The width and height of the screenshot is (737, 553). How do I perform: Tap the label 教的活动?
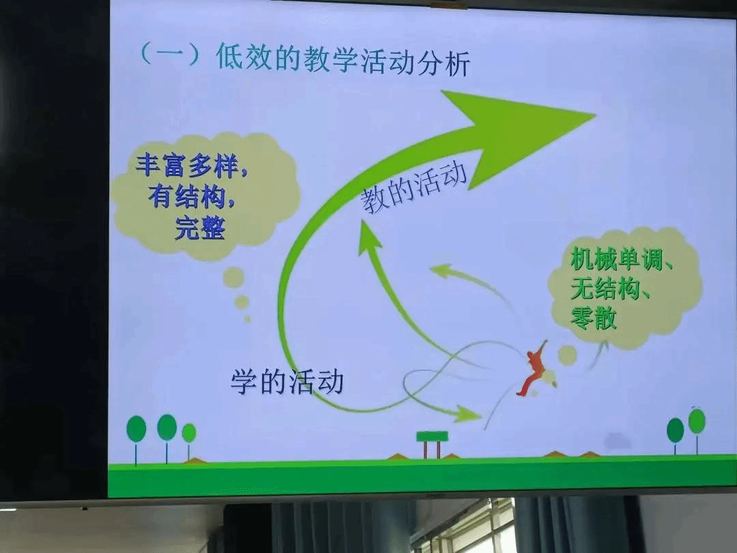coord(414,188)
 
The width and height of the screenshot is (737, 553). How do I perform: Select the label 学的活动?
coord(287,381)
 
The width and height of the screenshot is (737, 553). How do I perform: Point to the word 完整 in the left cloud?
coord(200,228)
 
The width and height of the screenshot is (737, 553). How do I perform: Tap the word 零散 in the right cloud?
coord(593,317)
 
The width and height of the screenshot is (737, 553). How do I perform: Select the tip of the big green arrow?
coord(596,114)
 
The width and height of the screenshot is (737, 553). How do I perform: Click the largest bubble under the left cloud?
coord(233,277)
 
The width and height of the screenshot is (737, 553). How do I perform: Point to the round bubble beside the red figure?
coord(568,356)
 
